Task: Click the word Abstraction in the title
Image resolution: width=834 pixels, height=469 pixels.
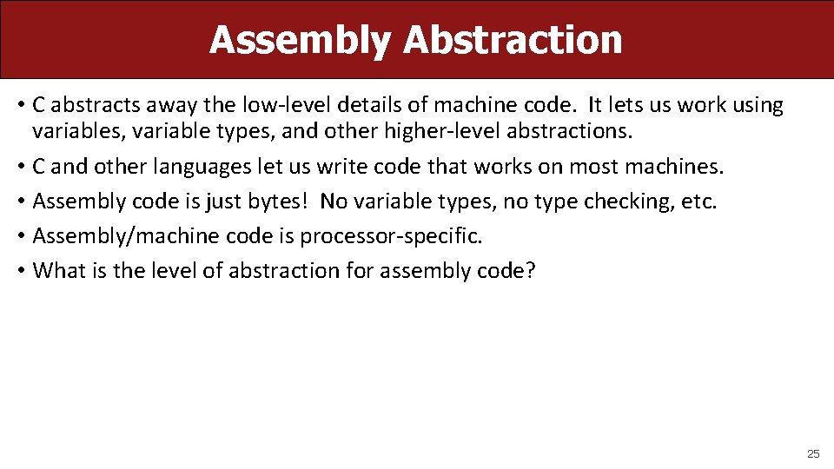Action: click(x=513, y=40)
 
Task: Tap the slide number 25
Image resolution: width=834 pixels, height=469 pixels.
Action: click(x=813, y=453)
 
